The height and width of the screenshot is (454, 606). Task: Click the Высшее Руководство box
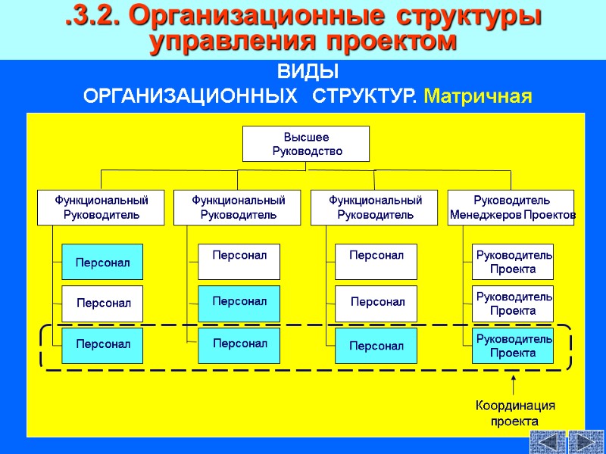point(306,144)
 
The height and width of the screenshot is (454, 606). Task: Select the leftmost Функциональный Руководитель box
point(102,207)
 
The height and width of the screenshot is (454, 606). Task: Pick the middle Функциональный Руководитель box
point(239,207)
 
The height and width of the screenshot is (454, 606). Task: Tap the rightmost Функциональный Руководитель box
point(375,207)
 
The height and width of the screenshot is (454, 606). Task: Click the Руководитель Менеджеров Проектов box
point(511,207)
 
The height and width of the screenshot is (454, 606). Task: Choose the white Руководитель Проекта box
point(513,303)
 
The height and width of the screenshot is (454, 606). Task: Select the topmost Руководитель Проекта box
point(513,262)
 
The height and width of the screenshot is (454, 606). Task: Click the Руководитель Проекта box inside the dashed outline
point(513,346)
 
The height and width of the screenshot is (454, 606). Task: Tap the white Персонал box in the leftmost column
point(102,303)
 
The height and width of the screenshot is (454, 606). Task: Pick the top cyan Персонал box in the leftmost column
point(102,262)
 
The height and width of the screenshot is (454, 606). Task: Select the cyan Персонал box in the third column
point(376,346)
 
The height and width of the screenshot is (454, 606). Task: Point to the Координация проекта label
point(514,413)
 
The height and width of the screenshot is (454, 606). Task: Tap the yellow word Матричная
point(479,97)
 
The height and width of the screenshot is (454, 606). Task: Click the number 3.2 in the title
point(95,17)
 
